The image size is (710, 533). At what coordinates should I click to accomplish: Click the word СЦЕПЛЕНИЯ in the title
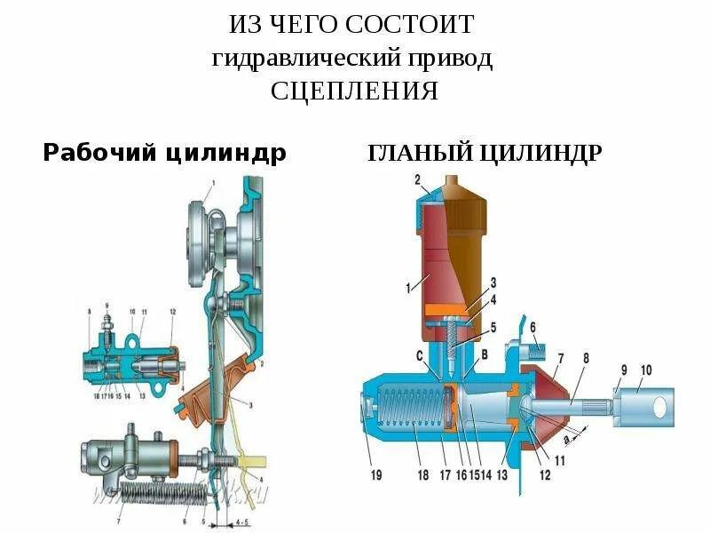pos(354,91)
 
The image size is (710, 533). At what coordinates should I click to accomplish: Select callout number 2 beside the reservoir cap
pos(417,180)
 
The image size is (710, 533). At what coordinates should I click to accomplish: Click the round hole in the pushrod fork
pos(659,408)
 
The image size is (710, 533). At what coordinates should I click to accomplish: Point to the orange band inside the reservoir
pos(447,309)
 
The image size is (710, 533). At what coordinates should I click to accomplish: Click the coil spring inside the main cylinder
pos(414,417)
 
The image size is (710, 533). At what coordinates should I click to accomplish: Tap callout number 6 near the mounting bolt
pos(533,328)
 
